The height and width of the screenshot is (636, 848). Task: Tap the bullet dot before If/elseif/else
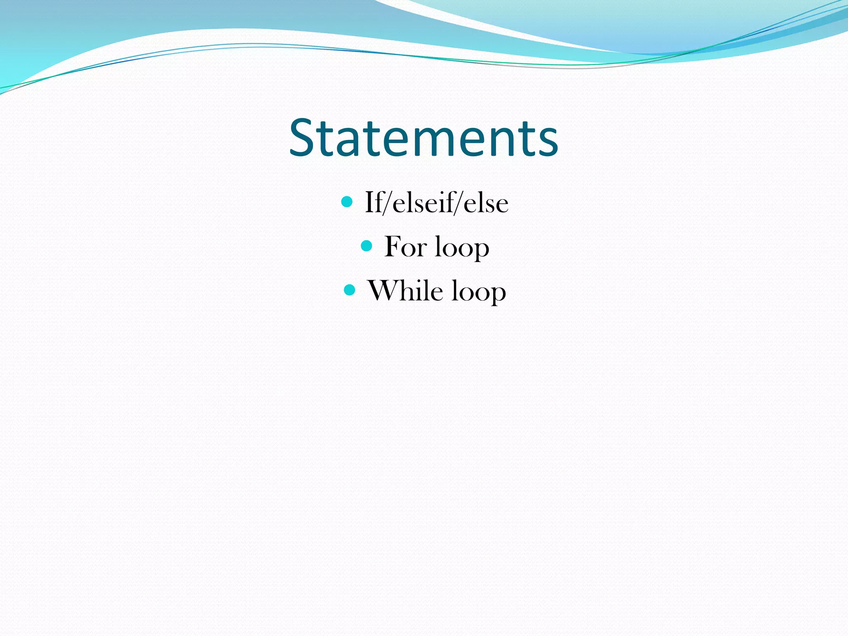(347, 202)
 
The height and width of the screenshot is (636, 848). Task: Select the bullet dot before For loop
(366, 246)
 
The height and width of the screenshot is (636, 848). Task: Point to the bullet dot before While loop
(349, 290)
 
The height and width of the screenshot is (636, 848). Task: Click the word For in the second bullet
(405, 247)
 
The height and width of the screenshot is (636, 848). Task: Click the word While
(405, 291)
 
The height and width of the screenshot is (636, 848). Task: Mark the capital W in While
(383, 291)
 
